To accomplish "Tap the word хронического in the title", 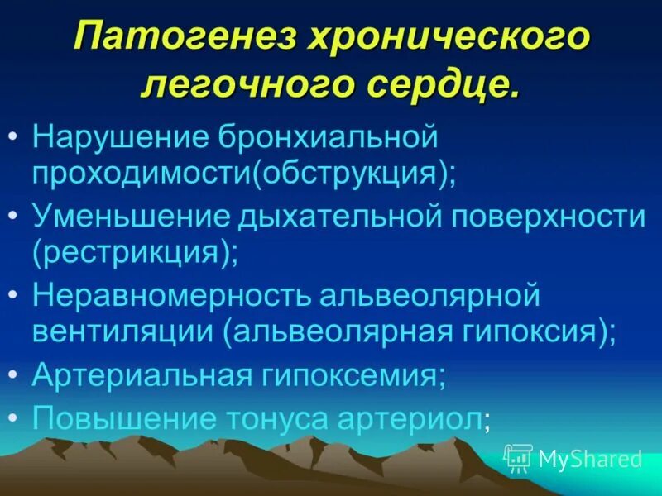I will [x=453, y=39].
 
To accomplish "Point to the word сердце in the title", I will [x=438, y=86].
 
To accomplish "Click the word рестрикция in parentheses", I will [x=132, y=253].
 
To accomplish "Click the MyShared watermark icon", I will [x=518, y=458].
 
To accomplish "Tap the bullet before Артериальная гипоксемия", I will [x=18, y=374].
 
